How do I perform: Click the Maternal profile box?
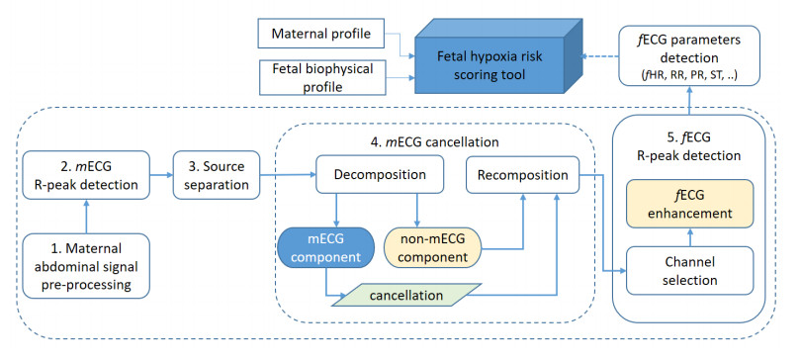[x=321, y=35]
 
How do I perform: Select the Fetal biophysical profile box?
[x=322, y=77]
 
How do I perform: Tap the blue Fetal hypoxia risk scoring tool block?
[x=498, y=56]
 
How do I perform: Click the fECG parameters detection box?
[x=689, y=55]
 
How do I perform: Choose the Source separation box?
[x=217, y=174]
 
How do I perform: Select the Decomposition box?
[x=380, y=175]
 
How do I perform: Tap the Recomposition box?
[x=522, y=175]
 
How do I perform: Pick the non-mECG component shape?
[x=433, y=247]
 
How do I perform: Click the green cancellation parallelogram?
[x=406, y=295]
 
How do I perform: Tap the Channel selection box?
[x=689, y=271]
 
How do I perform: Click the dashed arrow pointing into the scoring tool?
[x=601, y=56]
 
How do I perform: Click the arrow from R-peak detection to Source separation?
[x=161, y=175]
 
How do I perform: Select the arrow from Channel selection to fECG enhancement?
[x=689, y=238]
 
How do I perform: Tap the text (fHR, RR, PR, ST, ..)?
[x=689, y=76]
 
